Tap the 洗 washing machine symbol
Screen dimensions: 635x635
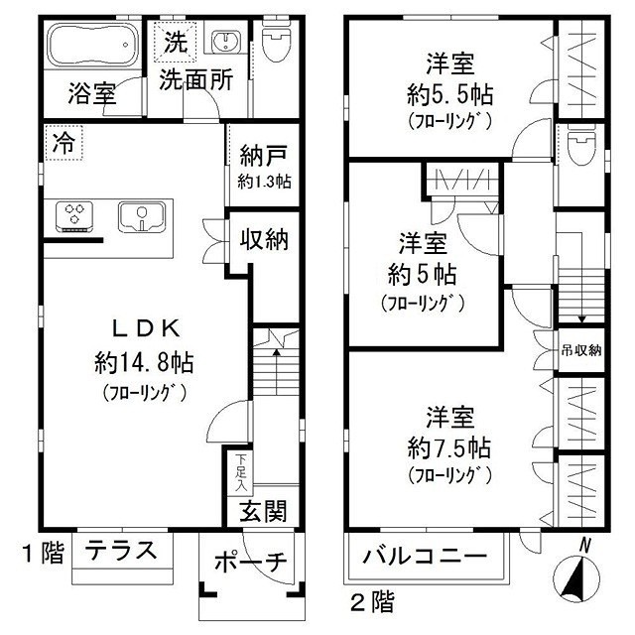175,43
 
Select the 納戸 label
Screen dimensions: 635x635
263,156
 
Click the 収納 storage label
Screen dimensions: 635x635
263,239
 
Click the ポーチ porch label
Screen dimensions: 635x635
250,563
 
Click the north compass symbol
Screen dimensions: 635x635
576,573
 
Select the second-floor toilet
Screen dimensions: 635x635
580,150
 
